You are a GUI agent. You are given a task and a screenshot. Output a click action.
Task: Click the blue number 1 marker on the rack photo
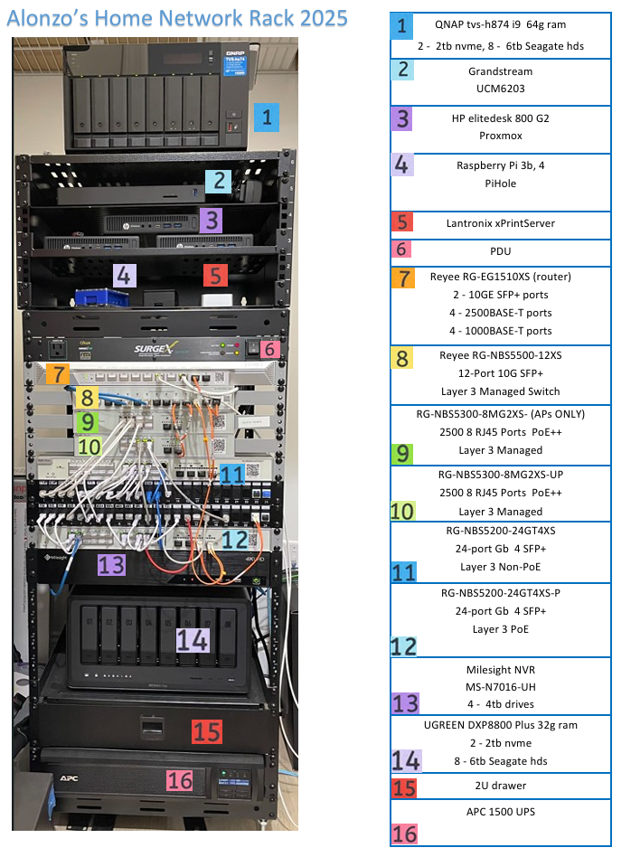tap(267, 118)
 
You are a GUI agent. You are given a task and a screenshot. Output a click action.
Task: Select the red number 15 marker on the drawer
tap(207, 731)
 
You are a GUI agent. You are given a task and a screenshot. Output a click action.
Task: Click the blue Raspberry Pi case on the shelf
tap(90, 298)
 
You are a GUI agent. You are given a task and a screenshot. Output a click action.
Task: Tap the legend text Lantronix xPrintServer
tap(500, 221)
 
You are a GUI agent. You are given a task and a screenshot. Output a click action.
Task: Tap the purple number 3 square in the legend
tap(404, 119)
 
